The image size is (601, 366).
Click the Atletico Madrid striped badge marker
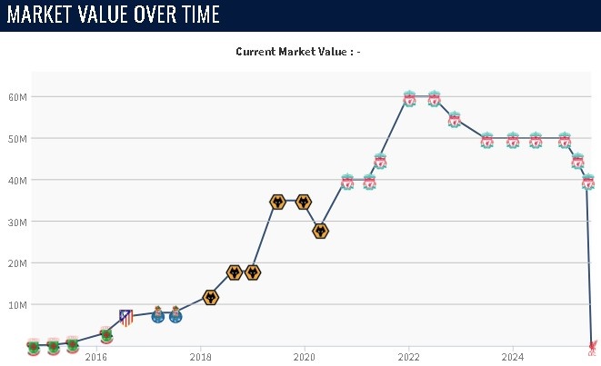point(126,317)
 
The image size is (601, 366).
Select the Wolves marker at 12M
point(210,297)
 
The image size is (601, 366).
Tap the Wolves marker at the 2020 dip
point(320,231)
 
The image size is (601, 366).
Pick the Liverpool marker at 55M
point(455,119)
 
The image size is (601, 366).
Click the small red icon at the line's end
point(592,346)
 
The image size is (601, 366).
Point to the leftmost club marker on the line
point(34,346)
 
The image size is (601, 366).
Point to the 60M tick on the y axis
point(19,97)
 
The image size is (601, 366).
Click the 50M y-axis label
point(19,139)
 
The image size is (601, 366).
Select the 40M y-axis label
point(19,180)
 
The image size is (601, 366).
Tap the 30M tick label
point(19,222)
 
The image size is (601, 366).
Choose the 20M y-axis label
point(19,263)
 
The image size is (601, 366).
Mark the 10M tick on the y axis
point(19,304)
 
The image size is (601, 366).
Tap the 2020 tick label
point(304,357)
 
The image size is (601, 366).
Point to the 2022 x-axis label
point(407,357)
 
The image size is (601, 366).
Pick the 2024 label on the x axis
point(512,357)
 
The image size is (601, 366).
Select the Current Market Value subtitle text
point(298,52)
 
